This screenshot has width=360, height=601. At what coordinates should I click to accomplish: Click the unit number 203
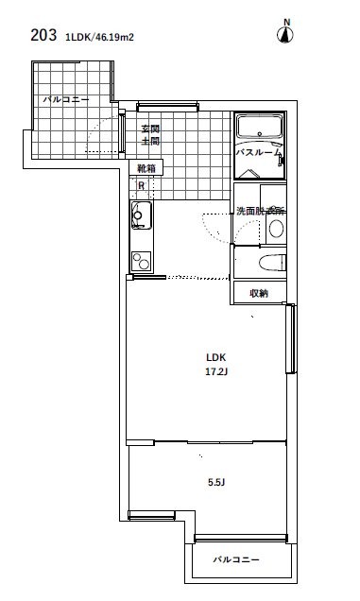click(x=43, y=35)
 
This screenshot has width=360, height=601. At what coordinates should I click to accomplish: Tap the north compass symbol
click(x=285, y=31)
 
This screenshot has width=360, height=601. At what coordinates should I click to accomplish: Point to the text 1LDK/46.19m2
click(x=99, y=37)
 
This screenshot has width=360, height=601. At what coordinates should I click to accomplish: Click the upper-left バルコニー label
click(x=66, y=99)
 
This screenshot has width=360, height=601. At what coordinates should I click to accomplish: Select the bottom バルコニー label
click(x=236, y=559)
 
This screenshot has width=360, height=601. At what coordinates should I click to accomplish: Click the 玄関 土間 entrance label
click(x=150, y=134)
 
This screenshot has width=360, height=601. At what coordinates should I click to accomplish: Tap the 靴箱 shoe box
click(x=146, y=168)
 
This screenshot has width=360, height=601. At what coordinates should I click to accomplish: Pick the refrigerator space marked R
click(x=142, y=186)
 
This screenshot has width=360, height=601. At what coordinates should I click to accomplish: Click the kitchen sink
click(x=142, y=215)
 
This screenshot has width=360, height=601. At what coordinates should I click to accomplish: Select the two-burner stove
click(x=141, y=261)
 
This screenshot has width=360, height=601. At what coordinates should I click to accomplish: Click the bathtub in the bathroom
click(x=260, y=127)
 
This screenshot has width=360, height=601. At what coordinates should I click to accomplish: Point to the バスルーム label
click(x=259, y=152)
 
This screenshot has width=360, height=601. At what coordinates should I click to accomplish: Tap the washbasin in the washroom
click(x=276, y=229)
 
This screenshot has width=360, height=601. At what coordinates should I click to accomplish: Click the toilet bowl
click(x=272, y=263)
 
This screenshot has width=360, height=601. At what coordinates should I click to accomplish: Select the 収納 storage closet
click(x=260, y=293)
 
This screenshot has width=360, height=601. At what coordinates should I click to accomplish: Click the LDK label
click(x=215, y=357)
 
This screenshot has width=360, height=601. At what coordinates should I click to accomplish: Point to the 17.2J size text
click(x=216, y=371)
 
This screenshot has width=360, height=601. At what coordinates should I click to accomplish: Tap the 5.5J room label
click(x=216, y=483)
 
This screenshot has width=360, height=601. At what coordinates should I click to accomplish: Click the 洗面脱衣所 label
click(x=261, y=211)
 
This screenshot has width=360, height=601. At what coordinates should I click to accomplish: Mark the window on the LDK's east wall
click(x=292, y=339)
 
